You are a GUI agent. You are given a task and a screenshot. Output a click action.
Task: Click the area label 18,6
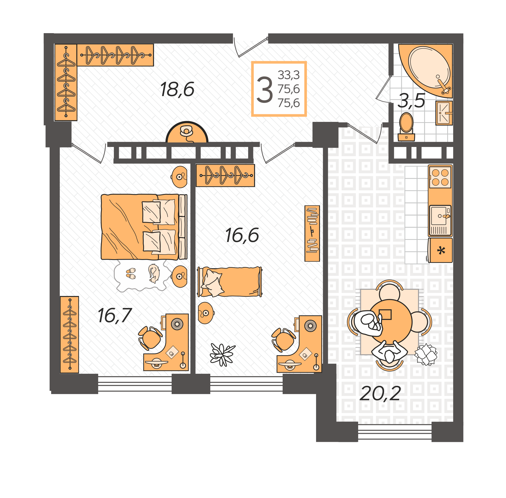click(177, 90)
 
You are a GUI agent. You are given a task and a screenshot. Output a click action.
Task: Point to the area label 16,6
click(242, 235)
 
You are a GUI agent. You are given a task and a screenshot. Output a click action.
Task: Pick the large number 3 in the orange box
click(264, 90)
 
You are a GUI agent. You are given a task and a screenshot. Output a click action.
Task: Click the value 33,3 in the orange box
click(288, 75)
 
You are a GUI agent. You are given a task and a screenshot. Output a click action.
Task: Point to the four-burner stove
click(440, 177)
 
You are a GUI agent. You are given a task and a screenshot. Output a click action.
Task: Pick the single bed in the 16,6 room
click(230, 282)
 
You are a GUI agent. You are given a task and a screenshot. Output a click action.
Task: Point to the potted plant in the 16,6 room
click(222, 354)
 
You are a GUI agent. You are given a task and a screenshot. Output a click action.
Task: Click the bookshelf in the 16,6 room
click(312, 233)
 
